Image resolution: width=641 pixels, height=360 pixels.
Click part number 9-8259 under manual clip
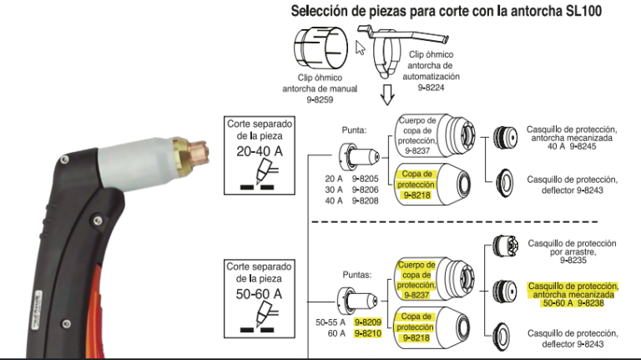click(320, 99)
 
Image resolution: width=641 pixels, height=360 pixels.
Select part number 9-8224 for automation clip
click(434, 86)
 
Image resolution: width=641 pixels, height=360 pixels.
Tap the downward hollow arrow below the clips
click(386, 94)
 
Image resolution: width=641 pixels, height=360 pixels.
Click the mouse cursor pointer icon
click(361, 46)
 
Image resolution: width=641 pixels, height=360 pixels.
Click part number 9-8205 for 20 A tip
click(366, 179)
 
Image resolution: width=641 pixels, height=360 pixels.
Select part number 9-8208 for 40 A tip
click(366, 200)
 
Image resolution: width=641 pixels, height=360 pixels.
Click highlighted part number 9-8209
click(366, 322)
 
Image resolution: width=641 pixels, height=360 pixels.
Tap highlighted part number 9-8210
click(366, 333)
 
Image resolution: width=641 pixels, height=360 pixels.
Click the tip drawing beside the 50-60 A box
click(350, 297)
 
